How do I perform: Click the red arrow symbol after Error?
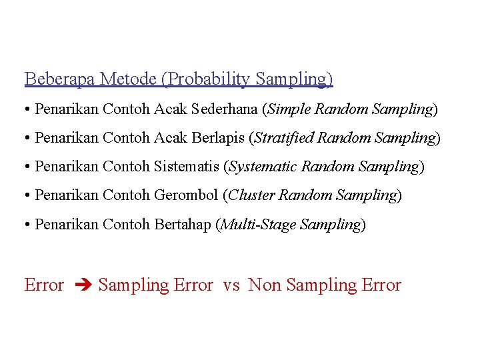click(81, 285)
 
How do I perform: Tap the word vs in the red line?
click(231, 285)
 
